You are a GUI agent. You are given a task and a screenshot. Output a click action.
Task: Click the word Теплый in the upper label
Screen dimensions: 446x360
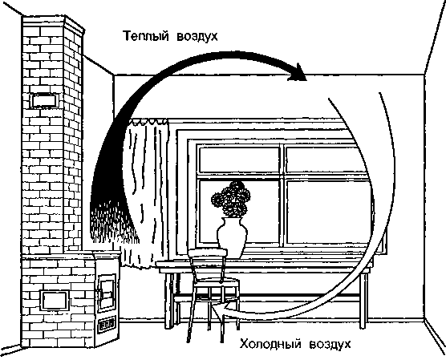[145, 36]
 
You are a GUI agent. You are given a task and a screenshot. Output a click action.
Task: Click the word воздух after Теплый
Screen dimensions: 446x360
[197, 37]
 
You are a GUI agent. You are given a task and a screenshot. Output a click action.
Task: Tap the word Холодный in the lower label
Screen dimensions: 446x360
[270, 344]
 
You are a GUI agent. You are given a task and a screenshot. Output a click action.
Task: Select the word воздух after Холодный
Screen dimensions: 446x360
[330, 344]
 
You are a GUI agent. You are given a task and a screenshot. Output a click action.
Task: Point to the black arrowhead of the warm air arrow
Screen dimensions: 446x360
[298, 73]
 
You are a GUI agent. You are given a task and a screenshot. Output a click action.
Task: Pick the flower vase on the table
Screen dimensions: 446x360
[232, 237]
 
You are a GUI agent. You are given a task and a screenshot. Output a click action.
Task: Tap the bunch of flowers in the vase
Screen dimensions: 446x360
[231, 199]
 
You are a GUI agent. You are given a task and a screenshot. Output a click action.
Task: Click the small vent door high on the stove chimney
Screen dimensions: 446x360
[44, 100]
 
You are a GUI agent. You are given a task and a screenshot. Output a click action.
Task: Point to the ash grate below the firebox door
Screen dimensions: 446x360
[107, 324]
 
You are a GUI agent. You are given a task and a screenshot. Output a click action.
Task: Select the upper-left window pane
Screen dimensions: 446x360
[239, 160]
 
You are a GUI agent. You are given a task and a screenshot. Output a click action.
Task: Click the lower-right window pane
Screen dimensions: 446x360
[329, 212]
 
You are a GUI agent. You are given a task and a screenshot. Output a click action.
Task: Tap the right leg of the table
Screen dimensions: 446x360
[363, 300]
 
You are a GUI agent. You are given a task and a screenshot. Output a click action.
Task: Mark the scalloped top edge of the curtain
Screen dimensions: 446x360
[148, 122]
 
